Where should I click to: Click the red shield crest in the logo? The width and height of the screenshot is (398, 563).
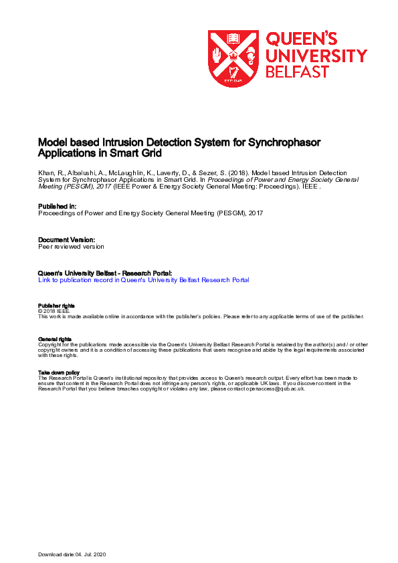232,58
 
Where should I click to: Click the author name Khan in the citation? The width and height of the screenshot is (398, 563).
45,173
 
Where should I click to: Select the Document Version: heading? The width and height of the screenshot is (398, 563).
66,239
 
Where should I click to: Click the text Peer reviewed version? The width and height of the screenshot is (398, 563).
71,246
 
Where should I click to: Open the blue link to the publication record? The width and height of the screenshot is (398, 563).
144,280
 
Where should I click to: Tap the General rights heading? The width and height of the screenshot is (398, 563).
55,340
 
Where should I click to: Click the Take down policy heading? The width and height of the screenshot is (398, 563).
59,372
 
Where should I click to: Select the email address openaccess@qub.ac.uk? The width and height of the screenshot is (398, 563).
276,388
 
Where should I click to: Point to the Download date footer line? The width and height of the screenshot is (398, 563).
72,555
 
